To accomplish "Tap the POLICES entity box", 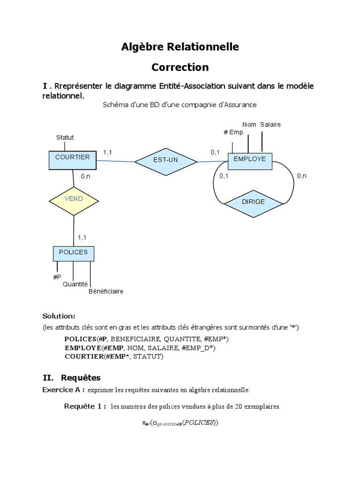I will point(73,254).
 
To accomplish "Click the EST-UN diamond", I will point(165,160).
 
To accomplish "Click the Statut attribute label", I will point(65,137).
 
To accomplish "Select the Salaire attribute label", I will point(270,124).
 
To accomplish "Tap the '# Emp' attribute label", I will point(233,132).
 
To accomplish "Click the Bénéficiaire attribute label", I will point(106,291).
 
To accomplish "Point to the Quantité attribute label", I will point(75,284).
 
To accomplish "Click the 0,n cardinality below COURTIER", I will point(85,177).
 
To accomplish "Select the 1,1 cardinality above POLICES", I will point(82,237).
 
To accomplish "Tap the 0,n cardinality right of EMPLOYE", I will point(301,176).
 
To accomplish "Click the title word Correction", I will point(180,67).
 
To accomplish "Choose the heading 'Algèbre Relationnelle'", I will point(180,46).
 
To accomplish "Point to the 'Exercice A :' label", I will point(63,390).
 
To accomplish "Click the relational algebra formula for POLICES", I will point(180,423).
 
